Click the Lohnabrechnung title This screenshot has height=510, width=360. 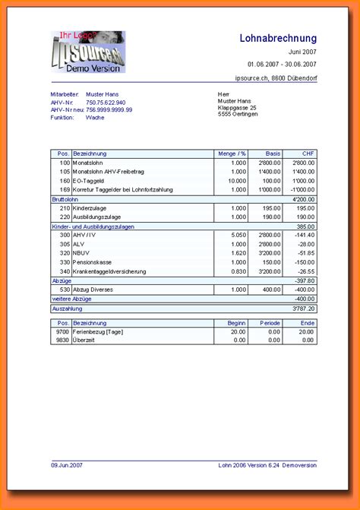[278, 38]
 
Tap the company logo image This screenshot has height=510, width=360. [87, 52]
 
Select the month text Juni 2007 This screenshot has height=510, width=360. [302, 52]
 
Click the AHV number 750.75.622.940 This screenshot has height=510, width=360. [106, 102]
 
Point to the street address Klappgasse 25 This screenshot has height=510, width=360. [237, 108]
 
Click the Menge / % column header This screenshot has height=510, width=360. [232, 154]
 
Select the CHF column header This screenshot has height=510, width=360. [308, 154]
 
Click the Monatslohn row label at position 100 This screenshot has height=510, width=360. [88, 163]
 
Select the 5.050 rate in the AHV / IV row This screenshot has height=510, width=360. [238, 235]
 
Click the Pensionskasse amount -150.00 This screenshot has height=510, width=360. [303, 262]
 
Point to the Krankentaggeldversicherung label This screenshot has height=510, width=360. [112, 271]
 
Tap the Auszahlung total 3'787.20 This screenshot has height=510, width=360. [302, 309]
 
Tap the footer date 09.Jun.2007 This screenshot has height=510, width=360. [67, 464]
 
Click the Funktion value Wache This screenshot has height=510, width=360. [95, 118]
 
